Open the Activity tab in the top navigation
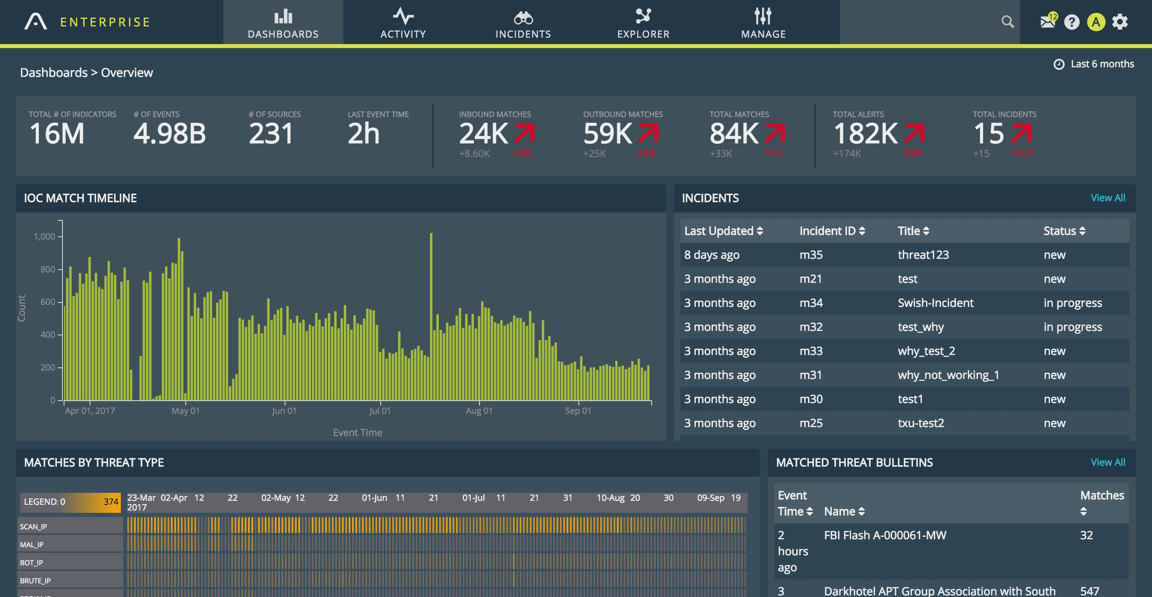click(x=403, y=22)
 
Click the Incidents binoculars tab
click(x=523, y=22)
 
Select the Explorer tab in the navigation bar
click(x=643, y=22)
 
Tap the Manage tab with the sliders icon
click(x=763, y=22)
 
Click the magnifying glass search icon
click(x=1007, y=22)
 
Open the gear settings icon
click(x=1120, y=22)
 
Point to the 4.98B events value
click(x=169, y=133)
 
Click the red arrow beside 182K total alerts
click(x=915, y=133)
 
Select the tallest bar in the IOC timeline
click(x=431, y=313)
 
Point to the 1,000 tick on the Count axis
click(x=45, y=236)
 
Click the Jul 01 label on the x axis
click(x=380, y=411)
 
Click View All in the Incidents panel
click(x=1107, y=198)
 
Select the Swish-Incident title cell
click(x=935, y=303)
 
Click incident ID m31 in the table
click(x=810, y=375)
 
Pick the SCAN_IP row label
click(x=34, y=527)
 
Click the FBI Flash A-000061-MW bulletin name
click(x=885, y=535)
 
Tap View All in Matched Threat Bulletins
click(x=1107, y=462)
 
